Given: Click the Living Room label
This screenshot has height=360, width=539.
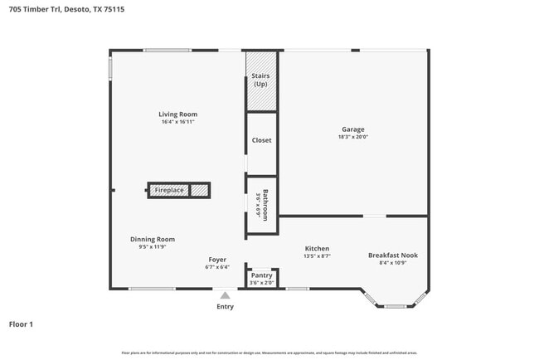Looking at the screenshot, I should pos(178,114).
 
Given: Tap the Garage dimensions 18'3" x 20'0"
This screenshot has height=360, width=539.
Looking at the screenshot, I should pos(352,137).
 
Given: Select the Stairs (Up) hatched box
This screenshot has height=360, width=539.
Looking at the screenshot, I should pos(261,80).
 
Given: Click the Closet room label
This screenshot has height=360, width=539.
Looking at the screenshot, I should pos(261,140).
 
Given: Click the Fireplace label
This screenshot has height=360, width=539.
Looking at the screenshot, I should pos(169,190).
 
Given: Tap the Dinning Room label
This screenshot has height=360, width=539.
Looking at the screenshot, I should pos(153,239).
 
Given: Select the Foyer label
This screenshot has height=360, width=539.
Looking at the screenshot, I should pos(217,260).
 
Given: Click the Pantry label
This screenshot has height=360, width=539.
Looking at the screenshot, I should pos(261,275).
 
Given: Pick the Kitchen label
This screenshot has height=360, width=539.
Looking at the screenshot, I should pos(317,248).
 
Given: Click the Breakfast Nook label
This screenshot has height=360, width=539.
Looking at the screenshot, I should pos(392,255).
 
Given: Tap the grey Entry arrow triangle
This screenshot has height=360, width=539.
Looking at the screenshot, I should pos(225,294).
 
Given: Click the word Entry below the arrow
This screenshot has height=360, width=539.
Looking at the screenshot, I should pos(225,306).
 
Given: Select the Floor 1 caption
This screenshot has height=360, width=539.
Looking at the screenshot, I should pos(21,324).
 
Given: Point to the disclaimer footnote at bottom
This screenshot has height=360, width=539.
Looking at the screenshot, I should pos(269,352).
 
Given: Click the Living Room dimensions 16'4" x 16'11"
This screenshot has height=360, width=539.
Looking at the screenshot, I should pos(178,122).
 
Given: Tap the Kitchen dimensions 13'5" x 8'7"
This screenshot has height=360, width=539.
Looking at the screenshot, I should pos(317,256).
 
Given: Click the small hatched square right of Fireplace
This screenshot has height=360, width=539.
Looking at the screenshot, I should pos(199,190).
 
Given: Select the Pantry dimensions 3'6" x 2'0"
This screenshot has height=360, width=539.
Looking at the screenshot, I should pos(261,283).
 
